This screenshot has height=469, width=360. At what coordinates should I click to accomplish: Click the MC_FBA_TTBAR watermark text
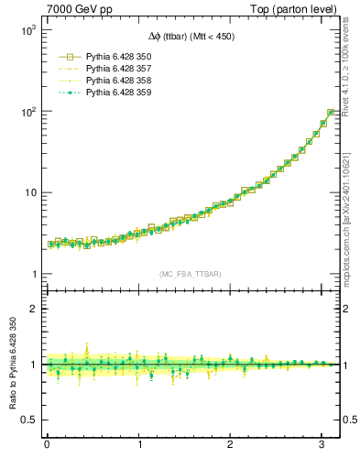(190, 275)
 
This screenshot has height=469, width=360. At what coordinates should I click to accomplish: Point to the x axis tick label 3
(322, 445)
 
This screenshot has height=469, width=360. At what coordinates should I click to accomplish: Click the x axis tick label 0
(47, 445)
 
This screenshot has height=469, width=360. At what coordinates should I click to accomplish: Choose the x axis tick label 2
(231, 445)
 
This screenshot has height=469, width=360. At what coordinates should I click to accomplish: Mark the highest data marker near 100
(331, 113)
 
